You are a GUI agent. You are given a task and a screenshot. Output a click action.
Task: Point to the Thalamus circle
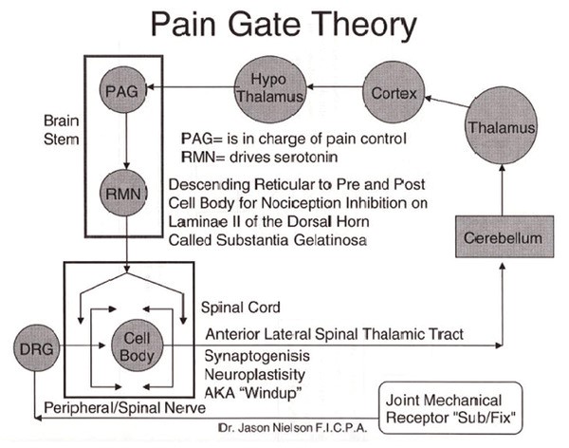pos(503,127)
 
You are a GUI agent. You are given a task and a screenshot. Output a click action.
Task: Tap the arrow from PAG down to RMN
pos(125,144)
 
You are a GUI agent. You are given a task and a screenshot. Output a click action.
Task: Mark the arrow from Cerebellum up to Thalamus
pos(502,190)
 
